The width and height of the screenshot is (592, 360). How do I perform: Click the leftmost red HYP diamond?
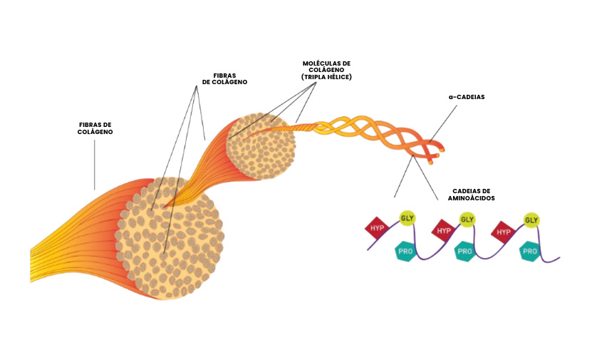tap(376, 228)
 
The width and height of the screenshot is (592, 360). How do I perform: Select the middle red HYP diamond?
tap(443, 230)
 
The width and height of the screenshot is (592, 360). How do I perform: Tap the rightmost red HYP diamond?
tap(504, 231)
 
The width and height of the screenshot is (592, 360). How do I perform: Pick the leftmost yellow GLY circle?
tap(407, 217)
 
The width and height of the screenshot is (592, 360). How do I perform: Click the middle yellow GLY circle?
tap(467, 219)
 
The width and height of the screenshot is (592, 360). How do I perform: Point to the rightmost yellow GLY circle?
tap(531, 220)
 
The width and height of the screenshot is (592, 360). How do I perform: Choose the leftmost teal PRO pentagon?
tap(405, 251)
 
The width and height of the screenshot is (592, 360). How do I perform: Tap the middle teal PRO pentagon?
tap(465, 251)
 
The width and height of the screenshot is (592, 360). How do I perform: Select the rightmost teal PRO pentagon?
tap(529, 251)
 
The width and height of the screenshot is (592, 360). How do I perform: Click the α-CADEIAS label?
tap(467, 97)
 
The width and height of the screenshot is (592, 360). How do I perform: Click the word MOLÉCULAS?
tap(326, 63)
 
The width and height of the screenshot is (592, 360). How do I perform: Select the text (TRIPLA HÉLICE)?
tap(326, 77)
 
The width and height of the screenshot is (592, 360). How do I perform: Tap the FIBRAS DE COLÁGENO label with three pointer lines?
tap(224, 78)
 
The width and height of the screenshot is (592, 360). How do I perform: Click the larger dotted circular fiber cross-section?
tap(170, 238)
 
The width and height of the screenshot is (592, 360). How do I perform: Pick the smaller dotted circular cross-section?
tap(261, 147)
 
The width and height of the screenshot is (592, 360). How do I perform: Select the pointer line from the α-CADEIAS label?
tap(438, 128)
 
